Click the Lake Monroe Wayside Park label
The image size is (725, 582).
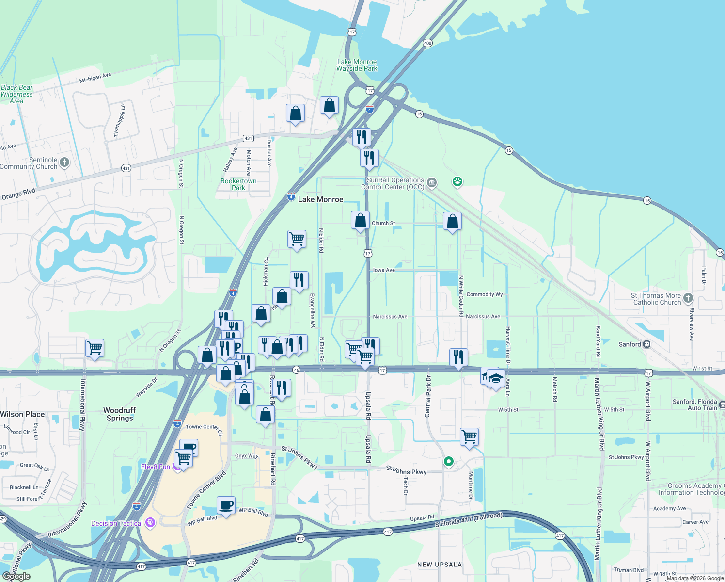[357, 65]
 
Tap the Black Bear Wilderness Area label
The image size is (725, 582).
[17, 94]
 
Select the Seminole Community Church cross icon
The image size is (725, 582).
[64, 162]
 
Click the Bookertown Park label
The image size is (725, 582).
[238, 184]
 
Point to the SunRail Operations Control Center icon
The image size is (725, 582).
[432, 183]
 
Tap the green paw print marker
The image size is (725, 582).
[457, 182]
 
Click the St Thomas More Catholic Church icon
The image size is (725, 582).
[688, 298]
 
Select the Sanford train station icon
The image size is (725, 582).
[646, 344]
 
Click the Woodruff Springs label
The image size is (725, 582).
[120, 414]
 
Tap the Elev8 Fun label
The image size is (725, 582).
[156, 467]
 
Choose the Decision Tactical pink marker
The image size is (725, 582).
[150, 522]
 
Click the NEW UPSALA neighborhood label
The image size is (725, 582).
[440, 565]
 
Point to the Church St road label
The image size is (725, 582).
[383, 224]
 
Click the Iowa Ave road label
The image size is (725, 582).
[384, 270]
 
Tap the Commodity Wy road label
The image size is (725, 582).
[485, 294]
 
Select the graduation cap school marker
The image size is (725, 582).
[495, 378]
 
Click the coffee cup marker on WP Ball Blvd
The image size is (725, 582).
[226, 505]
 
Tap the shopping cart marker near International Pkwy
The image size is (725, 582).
[95, 348]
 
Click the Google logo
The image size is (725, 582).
[16, 576]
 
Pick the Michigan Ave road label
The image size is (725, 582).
[95, 78]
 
